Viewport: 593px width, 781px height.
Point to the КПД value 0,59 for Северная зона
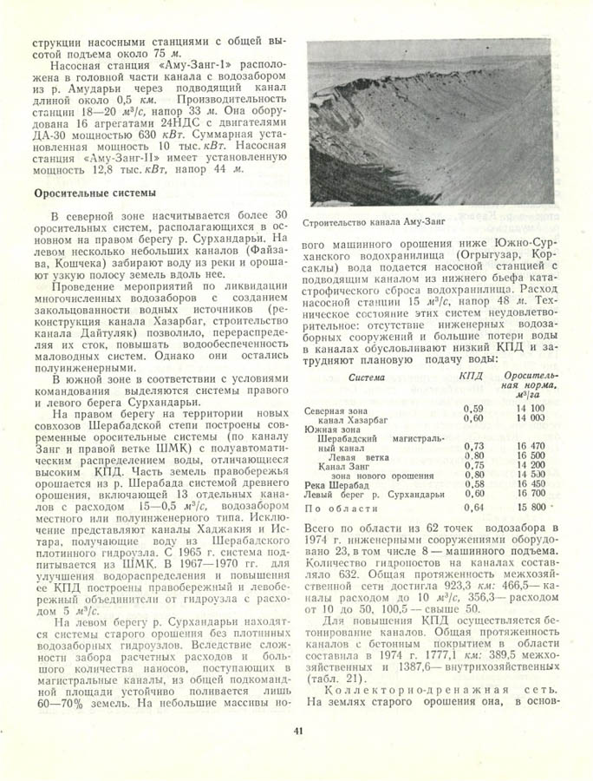click(473, 408)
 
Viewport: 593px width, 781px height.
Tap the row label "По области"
click(339, 506)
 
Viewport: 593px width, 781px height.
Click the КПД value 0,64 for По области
click(473, 506)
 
